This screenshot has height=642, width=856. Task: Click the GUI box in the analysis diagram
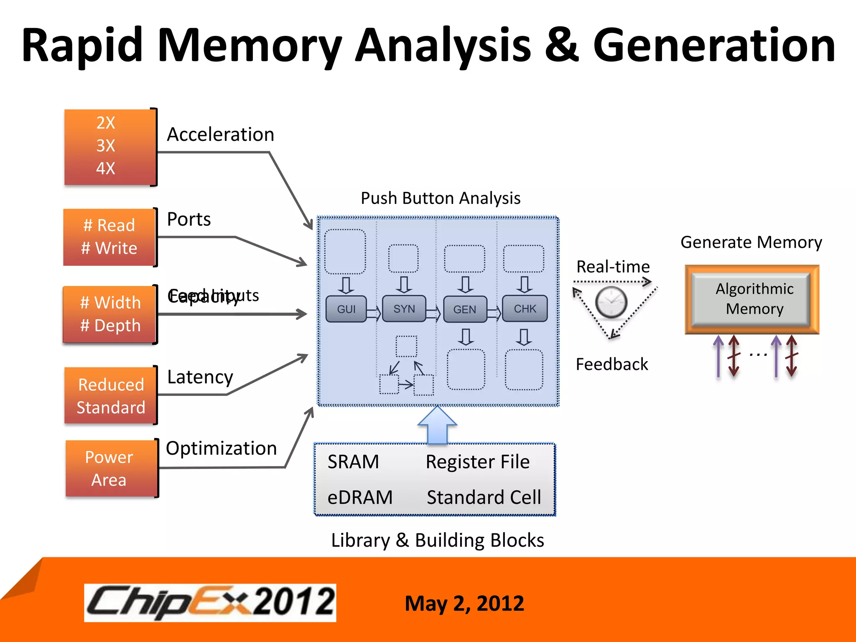[x=346, y=309]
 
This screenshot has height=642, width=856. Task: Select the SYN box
[x=404, y=309]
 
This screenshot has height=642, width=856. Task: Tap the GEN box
[x=465, y=309]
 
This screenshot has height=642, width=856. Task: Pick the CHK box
[x=525, y=309]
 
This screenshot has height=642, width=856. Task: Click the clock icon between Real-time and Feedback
[x=611, y=303]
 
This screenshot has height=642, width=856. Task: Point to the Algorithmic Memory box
[x=752, y=299]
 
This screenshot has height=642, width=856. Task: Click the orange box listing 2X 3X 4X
[x=110, y=147]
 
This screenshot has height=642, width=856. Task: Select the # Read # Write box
[x=110, y=237]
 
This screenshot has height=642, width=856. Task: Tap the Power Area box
[x=110, y=469]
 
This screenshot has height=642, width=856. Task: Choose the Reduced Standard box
[x=110, y=396]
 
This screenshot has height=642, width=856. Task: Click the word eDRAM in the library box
[x=360, y=497]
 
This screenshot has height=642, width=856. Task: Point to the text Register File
[x=477, y=462]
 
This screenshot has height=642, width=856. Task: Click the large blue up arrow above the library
[x=437, y=424]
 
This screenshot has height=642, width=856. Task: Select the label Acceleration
[x=220, y=135]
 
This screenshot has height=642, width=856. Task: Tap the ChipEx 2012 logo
[x=210, y=602]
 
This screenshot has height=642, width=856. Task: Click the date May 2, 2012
[x=464, y=604]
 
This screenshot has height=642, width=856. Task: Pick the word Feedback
[x=611, y=364]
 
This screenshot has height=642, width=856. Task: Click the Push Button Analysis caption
[x=441, y=198]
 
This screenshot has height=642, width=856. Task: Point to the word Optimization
[x=221, y=448]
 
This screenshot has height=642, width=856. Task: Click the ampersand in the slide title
[x=561, y=45]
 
